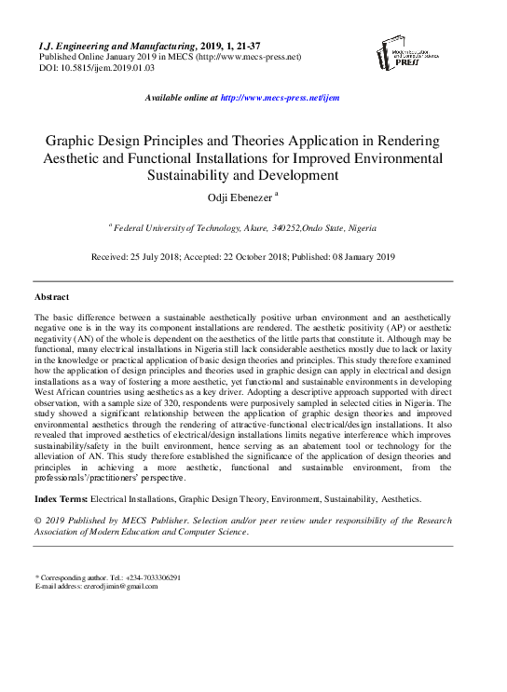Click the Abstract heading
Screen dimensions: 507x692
coord(51,296)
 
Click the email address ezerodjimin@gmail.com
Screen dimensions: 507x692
coord(112,586)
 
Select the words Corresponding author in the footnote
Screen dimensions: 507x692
coord(76,577)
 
